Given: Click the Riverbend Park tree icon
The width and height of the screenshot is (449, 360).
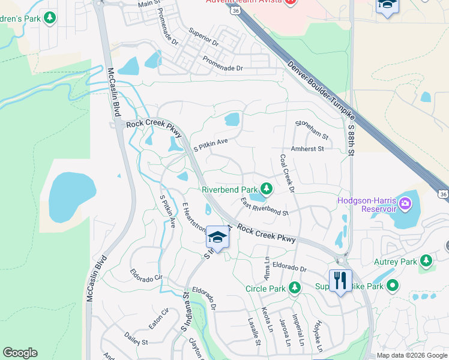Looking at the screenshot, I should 266,189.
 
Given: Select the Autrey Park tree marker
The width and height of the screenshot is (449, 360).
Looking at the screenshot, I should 426,261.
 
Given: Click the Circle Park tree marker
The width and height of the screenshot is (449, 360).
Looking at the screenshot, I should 294,288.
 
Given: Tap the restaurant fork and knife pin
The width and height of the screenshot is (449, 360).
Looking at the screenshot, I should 340,281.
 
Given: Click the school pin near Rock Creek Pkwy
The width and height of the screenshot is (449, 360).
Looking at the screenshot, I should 217,238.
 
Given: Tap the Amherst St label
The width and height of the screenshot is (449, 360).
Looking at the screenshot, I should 307,148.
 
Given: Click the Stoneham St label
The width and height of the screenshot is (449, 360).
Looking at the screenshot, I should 312,129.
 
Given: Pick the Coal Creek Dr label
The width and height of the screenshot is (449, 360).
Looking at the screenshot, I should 286,173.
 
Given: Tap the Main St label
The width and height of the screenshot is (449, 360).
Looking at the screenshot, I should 151,4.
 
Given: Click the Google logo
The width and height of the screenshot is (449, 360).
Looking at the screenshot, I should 20,353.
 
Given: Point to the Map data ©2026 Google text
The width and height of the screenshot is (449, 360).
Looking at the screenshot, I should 412,355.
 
